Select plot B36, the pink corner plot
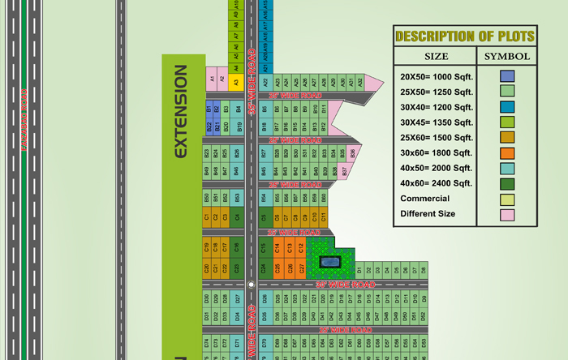[353, 152]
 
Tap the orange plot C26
[278, 268]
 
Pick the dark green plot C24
[263, 268]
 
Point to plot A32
[361, 81]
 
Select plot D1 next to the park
[359, 268]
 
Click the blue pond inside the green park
[330, 261]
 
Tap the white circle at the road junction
[251, 285]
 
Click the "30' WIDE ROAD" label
[345, 285]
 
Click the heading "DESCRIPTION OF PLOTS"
[464, 36]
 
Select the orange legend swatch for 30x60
[506, 152]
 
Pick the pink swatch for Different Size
[506, 214]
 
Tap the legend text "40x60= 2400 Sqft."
[436, 183]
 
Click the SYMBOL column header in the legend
[507, 57]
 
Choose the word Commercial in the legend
[424, 199]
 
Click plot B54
[263, 197]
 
